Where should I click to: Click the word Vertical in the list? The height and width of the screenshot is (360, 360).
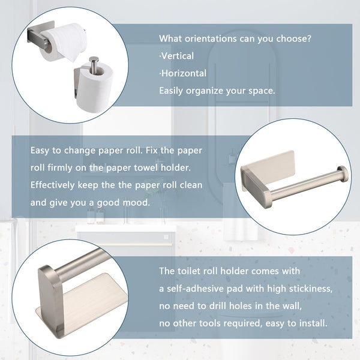click(178, 56)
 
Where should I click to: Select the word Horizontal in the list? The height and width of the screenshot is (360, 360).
click(184, 73)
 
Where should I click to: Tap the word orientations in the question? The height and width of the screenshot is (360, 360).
click(211, 38)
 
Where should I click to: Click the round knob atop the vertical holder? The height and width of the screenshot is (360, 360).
click(94, 60)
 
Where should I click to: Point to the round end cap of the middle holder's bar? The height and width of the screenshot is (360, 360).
click(343, 174)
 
